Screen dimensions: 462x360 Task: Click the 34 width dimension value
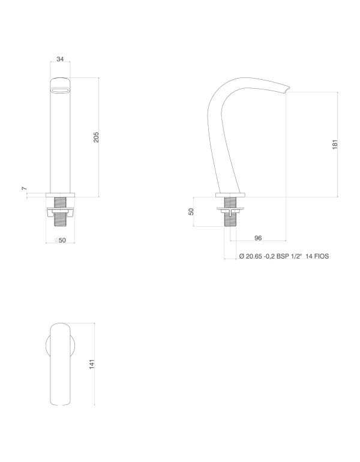coord(60,59)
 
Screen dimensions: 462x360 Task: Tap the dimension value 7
coord(25,189)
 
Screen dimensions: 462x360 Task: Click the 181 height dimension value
coord(336,144)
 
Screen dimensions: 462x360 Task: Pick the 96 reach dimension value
coord(258,238)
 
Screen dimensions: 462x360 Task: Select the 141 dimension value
coord(92,364)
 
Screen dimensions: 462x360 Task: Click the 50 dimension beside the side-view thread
coord(191,212)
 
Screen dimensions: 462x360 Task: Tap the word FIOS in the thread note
coord(319,256)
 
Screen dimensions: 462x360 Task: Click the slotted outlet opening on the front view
coord(60,90)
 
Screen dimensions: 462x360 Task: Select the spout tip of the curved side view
coord(286,91)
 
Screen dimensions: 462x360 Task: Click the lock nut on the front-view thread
coord(60,211)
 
